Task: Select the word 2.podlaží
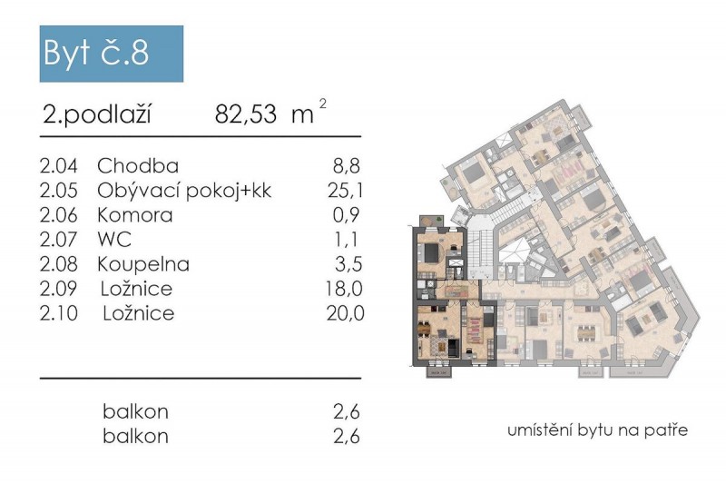pos(95,115)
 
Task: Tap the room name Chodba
pos(137,166)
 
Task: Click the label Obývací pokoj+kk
pos(184,191)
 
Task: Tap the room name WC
pos(113,241)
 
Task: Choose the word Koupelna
pos(143,265)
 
